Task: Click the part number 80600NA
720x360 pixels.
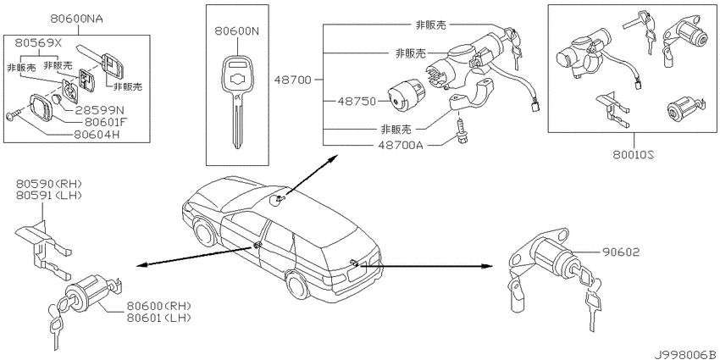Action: point(77,19)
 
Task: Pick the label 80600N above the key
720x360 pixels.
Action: point(237,31)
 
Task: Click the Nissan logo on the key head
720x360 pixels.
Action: point(237,80)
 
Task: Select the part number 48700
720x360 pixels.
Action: point(293,80)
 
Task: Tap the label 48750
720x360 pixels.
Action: point(357,101)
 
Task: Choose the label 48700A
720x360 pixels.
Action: point(401,145)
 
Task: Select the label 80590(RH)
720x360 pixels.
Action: point(49,184)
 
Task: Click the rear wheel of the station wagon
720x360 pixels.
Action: point(297,286)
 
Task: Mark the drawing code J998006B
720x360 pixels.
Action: point(686,355)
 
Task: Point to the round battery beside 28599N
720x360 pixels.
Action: point(58,99)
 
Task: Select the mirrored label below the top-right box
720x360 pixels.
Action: point(634,156)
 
